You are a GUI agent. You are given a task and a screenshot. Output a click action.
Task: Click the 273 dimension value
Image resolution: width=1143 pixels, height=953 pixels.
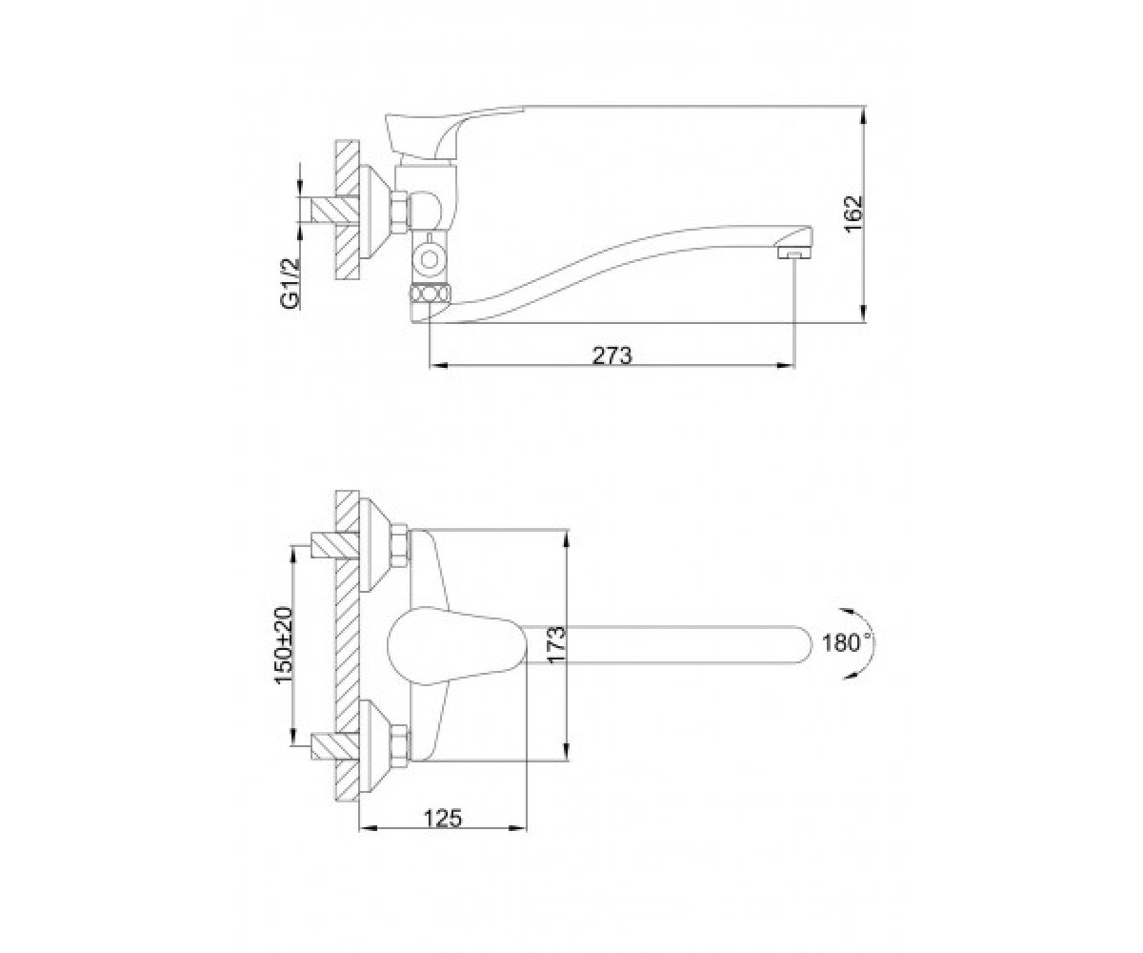[x=612, y=356]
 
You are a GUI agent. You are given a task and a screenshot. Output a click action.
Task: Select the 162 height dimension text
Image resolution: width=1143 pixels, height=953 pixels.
[x=853, y=213]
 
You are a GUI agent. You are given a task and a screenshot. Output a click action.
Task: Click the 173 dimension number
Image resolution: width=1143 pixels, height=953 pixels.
[x=555, y=645]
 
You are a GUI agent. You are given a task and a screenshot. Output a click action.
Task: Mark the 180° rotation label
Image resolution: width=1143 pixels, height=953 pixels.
[x=848, y=643]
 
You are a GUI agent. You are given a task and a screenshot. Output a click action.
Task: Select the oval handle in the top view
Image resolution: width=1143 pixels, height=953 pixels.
[x=457, y=645]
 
